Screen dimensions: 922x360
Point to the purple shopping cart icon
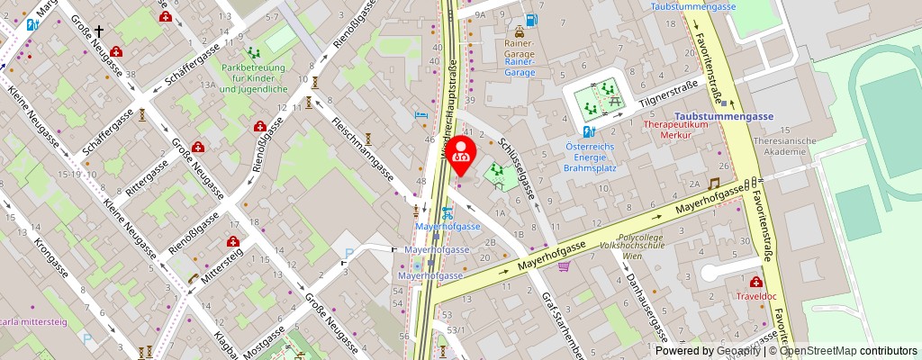pos(565,265)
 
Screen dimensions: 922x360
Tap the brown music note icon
pos(713,184)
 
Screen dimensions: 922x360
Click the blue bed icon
pos(420,115)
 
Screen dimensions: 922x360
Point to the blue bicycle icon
pos(447,213)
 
